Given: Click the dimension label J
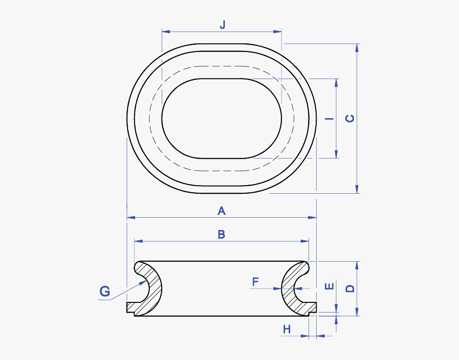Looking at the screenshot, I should point(222,24).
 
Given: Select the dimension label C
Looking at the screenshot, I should point(350,118).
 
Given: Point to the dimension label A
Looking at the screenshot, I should point(221,210).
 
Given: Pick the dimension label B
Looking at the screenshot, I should point(221,234).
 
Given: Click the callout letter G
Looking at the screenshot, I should point(105,291).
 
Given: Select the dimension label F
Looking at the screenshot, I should point(256,281).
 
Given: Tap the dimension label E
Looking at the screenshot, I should point(329,286).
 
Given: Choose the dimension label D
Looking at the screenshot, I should point(350,288).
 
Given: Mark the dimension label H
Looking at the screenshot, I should point(287,329).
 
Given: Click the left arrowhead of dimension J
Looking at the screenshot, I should point(164,32).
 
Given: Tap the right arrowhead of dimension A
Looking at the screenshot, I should point(314,218).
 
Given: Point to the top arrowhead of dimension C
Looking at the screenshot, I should point(357,46).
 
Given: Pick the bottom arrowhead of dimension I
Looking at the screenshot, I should point(337,155).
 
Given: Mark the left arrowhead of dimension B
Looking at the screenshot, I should point(137,241).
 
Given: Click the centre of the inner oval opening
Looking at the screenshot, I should point(221,118).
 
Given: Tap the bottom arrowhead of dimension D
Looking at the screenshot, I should point(357,313).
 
